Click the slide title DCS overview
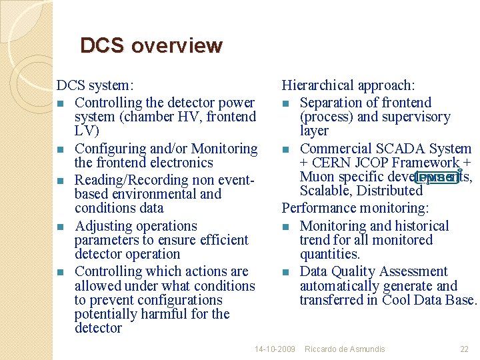point(151,46)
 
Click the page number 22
point(465,349)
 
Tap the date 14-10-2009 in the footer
point(275,349)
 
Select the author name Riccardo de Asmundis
point(345,349)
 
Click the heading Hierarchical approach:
point(348,85)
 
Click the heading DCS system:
point(95,85)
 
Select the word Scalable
point(326,191)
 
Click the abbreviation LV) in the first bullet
point(87,131)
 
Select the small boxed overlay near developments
point(437,177)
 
